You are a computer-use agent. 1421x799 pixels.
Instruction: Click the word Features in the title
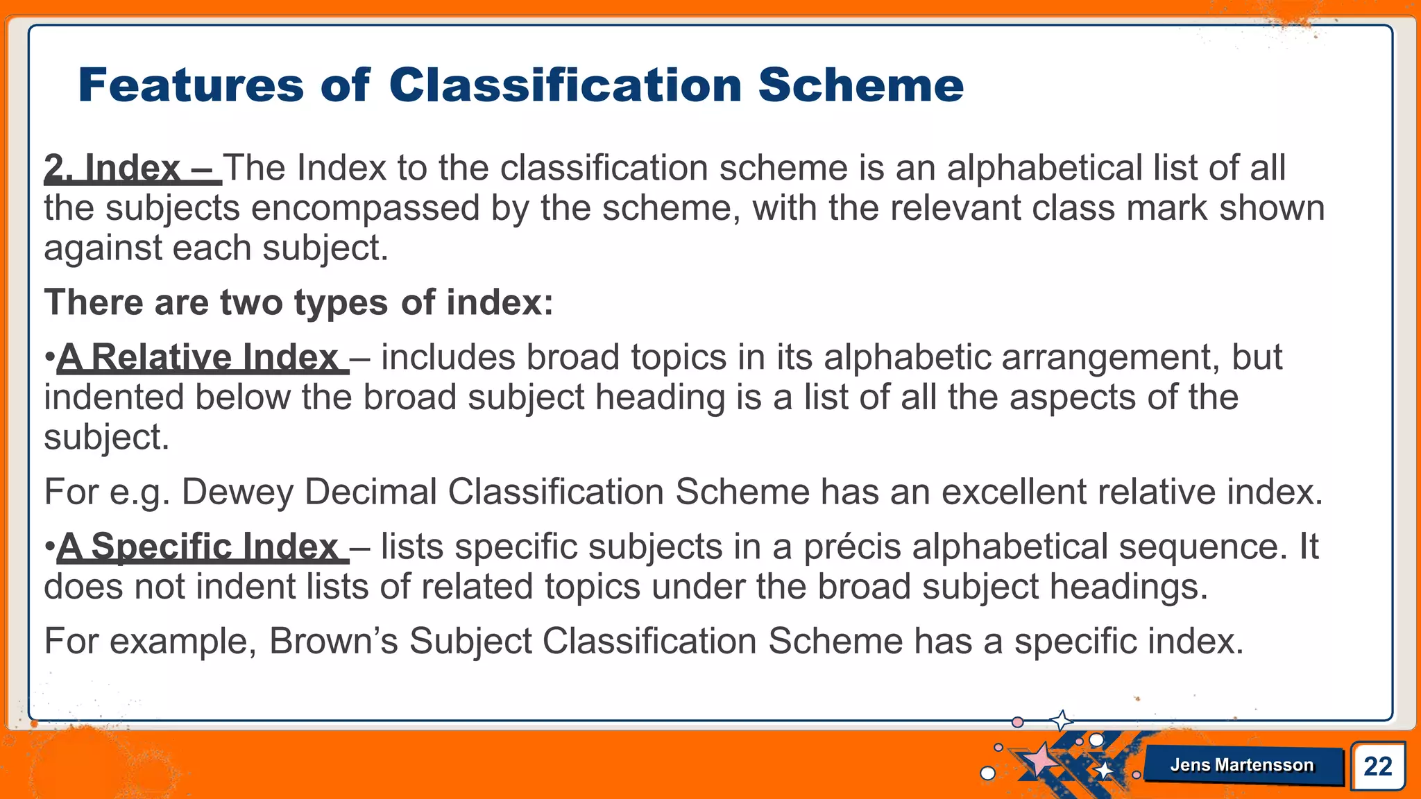191,85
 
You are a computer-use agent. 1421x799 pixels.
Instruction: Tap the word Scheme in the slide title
860,85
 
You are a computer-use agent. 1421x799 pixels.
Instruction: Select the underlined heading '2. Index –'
132,169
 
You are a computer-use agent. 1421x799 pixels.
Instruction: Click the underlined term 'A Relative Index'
201,358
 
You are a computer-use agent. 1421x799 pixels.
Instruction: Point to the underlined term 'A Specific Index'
201,547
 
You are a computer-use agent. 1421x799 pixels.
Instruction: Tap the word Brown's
333,641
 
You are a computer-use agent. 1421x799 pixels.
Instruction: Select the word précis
851,547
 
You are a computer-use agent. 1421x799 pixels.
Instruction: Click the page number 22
1377,766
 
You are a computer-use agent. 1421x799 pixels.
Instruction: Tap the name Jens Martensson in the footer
1242,765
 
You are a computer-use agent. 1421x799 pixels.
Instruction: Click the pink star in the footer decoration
1041,760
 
